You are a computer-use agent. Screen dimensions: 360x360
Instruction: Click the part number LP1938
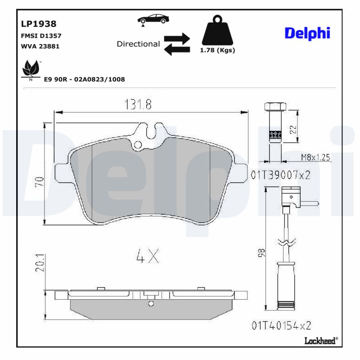(39, 24)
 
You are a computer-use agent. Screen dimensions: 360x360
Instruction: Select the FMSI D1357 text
(41, 36)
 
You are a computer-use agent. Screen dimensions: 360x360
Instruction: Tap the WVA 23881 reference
(40, 46)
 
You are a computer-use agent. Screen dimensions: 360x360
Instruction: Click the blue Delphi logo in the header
(308, 33)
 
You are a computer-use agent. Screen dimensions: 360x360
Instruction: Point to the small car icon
(154, 19)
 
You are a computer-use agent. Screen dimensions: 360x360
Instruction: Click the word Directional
(138, 44)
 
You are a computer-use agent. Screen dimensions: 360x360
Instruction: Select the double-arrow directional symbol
(176, 44)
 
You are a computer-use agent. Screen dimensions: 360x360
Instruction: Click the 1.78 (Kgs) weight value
(217, 50)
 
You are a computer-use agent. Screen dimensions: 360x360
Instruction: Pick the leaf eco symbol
(31, 69)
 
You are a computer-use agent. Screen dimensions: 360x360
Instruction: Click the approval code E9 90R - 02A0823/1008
(84, 79)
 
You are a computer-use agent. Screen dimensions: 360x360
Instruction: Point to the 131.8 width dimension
(138, 104)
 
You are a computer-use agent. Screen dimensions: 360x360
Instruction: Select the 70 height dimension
(40, 182)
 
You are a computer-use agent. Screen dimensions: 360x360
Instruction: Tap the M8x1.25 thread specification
(315, 157)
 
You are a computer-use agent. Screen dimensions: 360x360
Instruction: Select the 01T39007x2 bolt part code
(281, 175)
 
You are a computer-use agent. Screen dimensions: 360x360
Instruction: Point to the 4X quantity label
(148, 256)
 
